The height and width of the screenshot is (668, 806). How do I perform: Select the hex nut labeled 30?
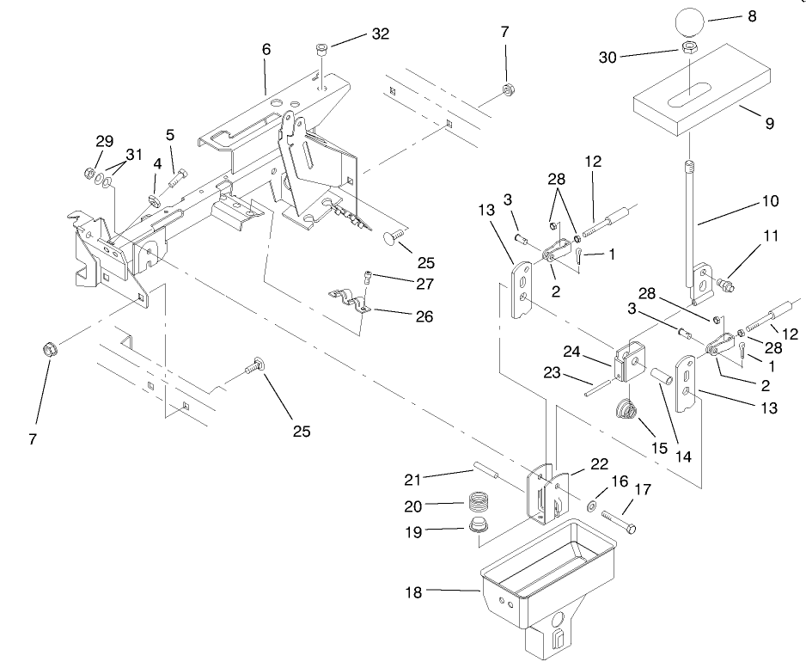[689, 49]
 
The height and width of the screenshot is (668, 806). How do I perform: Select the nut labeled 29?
[89, 175]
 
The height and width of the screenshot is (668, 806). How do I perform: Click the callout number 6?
[266, 49]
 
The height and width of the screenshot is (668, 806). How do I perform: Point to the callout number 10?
[769, 201]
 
